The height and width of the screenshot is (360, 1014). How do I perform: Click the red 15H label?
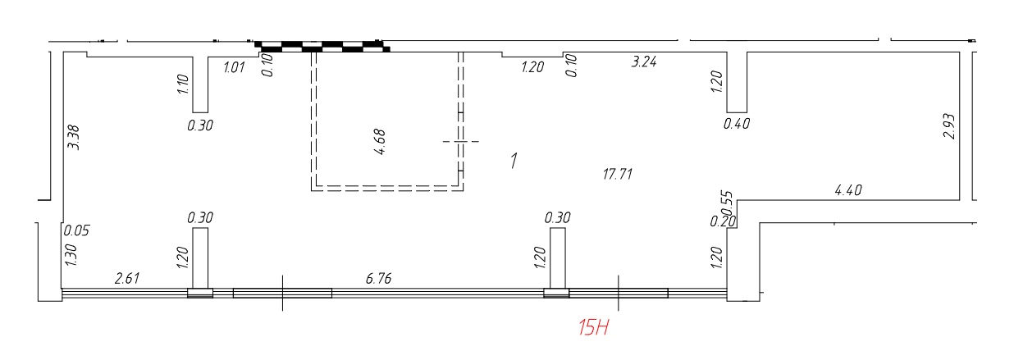593,327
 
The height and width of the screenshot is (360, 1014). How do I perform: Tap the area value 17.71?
618,174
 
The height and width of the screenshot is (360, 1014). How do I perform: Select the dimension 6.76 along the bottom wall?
378,278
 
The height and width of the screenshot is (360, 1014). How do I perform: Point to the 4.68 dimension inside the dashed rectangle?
381,142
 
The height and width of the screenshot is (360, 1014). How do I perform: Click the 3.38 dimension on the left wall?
73,138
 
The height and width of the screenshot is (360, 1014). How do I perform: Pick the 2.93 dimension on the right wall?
949,126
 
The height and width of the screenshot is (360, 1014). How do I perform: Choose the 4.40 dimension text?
847,190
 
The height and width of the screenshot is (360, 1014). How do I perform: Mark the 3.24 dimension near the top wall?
644,62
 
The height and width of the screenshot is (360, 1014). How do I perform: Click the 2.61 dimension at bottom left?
127,278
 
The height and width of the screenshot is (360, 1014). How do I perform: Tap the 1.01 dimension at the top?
234,67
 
